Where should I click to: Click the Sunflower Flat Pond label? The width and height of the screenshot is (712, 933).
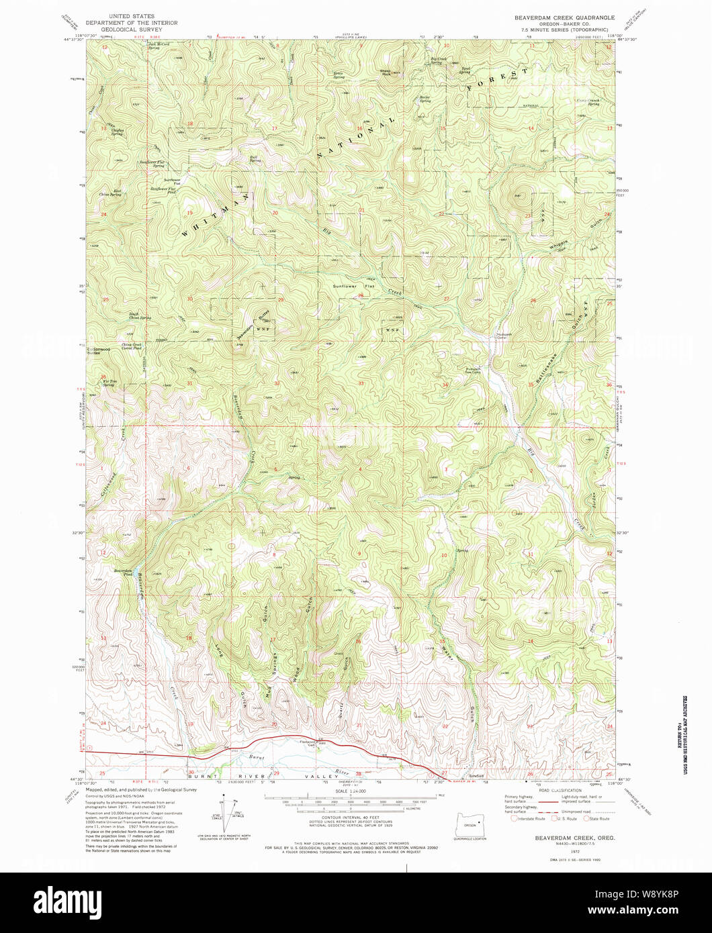163,190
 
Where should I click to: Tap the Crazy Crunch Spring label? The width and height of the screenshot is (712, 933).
588,102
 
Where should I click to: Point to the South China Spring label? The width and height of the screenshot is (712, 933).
140,316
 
